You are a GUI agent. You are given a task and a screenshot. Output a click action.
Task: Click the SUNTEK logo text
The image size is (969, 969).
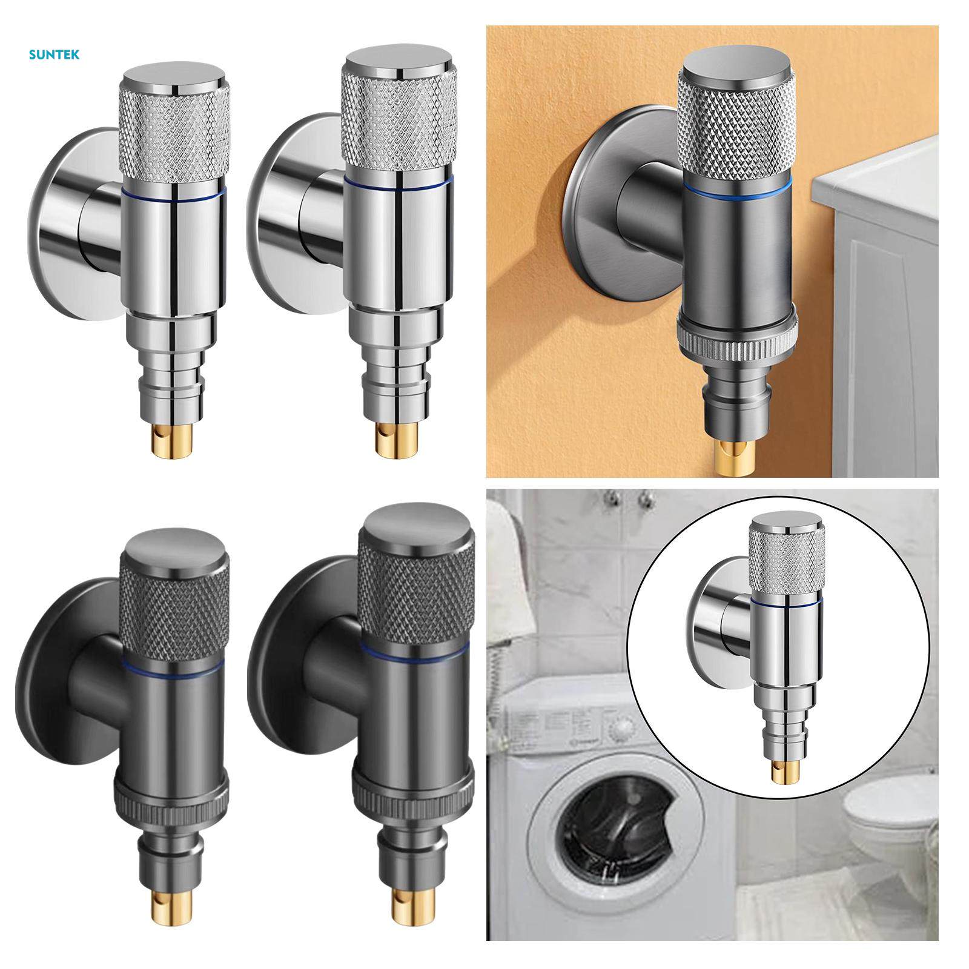(54, 55)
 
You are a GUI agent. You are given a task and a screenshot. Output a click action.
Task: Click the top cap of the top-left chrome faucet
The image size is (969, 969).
(176, 76)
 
